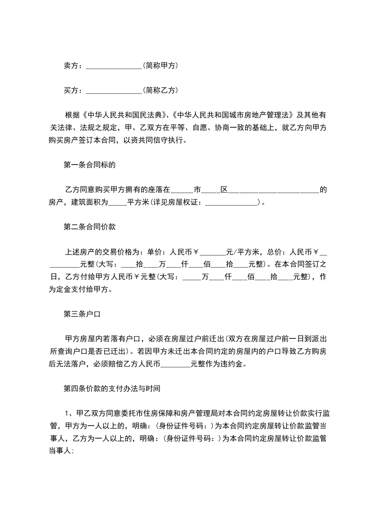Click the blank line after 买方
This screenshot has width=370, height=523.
pos(114,90)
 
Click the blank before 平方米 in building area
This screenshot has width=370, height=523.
pos(117,203)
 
